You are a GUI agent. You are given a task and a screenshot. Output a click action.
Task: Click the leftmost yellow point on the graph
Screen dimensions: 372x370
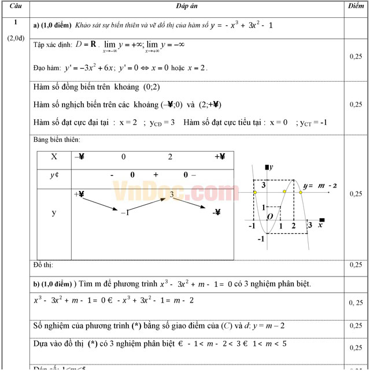point(254,191)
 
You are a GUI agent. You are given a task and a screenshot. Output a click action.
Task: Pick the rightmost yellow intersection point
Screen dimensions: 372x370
point(301,191)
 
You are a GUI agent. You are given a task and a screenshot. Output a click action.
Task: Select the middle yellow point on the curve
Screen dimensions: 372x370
point(284,191)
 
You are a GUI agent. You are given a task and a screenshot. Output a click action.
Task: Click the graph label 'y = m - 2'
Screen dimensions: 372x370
point(320,186)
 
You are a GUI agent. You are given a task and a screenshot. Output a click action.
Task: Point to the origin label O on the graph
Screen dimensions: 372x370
point(269,216)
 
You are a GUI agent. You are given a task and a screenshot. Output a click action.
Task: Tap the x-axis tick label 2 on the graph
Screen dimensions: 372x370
point(294,225)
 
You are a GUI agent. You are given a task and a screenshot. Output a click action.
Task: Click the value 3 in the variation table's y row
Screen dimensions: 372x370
point(172,196)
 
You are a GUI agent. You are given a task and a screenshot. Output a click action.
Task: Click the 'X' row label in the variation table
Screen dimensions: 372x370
point(54,157)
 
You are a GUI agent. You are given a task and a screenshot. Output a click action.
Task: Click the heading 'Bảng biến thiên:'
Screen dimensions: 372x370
point(57,139)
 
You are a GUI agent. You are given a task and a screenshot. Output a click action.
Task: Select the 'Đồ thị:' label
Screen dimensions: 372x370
point(43,265)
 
